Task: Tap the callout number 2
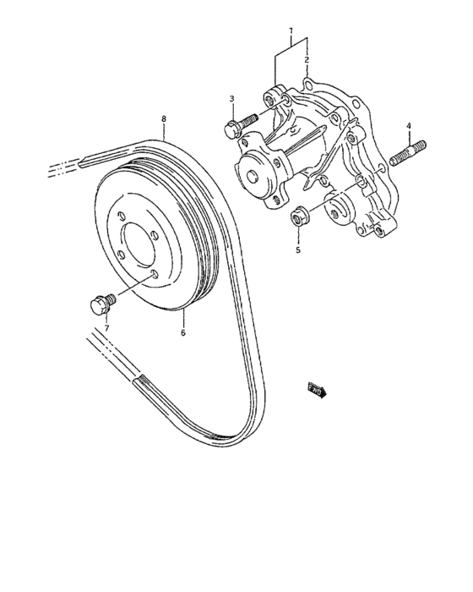coord(307,61)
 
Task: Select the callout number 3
coord(231,101)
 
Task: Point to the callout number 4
coord(409,127)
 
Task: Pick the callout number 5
coord(297,250)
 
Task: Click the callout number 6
coord(182,332)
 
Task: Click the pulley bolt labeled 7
coord(100,302)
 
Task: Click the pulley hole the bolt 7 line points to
coord(155,277)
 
